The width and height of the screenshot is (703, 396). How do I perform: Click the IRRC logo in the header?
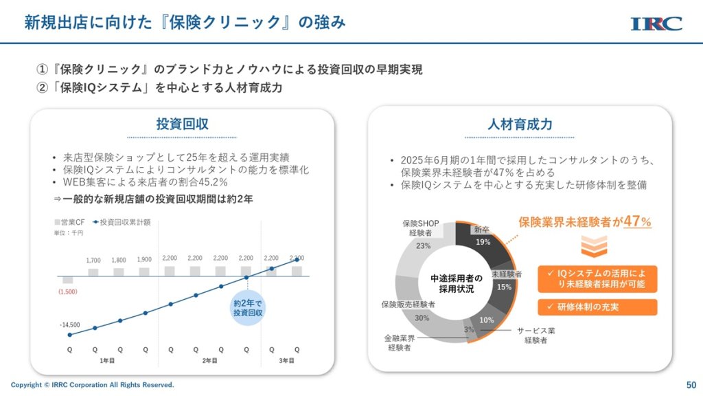coord(656,23)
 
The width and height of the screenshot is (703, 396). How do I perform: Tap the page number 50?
coord(691,385)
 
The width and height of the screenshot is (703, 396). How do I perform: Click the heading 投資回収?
coord(182,124)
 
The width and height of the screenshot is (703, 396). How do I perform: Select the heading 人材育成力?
coord(520,124)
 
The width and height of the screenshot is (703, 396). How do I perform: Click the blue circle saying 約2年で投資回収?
coord(248,307)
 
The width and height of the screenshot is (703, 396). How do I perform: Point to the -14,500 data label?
coord(69,324)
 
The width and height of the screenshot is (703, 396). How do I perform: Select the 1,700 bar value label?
coord(94,261)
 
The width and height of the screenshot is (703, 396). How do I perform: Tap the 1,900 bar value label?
coord(144,260)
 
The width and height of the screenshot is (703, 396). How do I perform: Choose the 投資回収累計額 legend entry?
coord(125,222)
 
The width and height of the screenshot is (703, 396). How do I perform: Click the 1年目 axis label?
coord(107,361)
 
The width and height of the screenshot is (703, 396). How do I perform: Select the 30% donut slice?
coord(422,318)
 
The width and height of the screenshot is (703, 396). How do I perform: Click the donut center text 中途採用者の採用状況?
coord(452,284)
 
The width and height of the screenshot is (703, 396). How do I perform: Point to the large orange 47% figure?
coord(636,221)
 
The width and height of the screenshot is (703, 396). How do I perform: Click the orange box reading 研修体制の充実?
coord(597,307)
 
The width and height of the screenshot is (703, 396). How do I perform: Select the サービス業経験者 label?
coord(535,335)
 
